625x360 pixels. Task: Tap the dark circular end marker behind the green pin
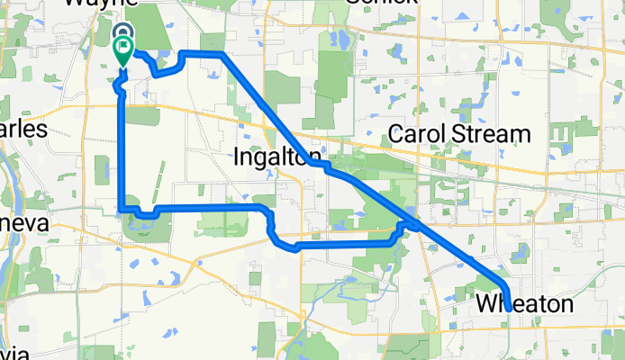(122, 32)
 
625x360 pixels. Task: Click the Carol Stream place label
(459, 135)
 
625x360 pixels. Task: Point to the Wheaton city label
(524, 305)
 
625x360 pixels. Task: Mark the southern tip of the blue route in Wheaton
(509, 309)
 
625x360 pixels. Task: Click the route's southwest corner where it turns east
(122, 211)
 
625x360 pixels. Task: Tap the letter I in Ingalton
(237, 155)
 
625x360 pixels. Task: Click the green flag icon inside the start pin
(122, 47)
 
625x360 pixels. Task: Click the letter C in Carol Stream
(398, 135)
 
